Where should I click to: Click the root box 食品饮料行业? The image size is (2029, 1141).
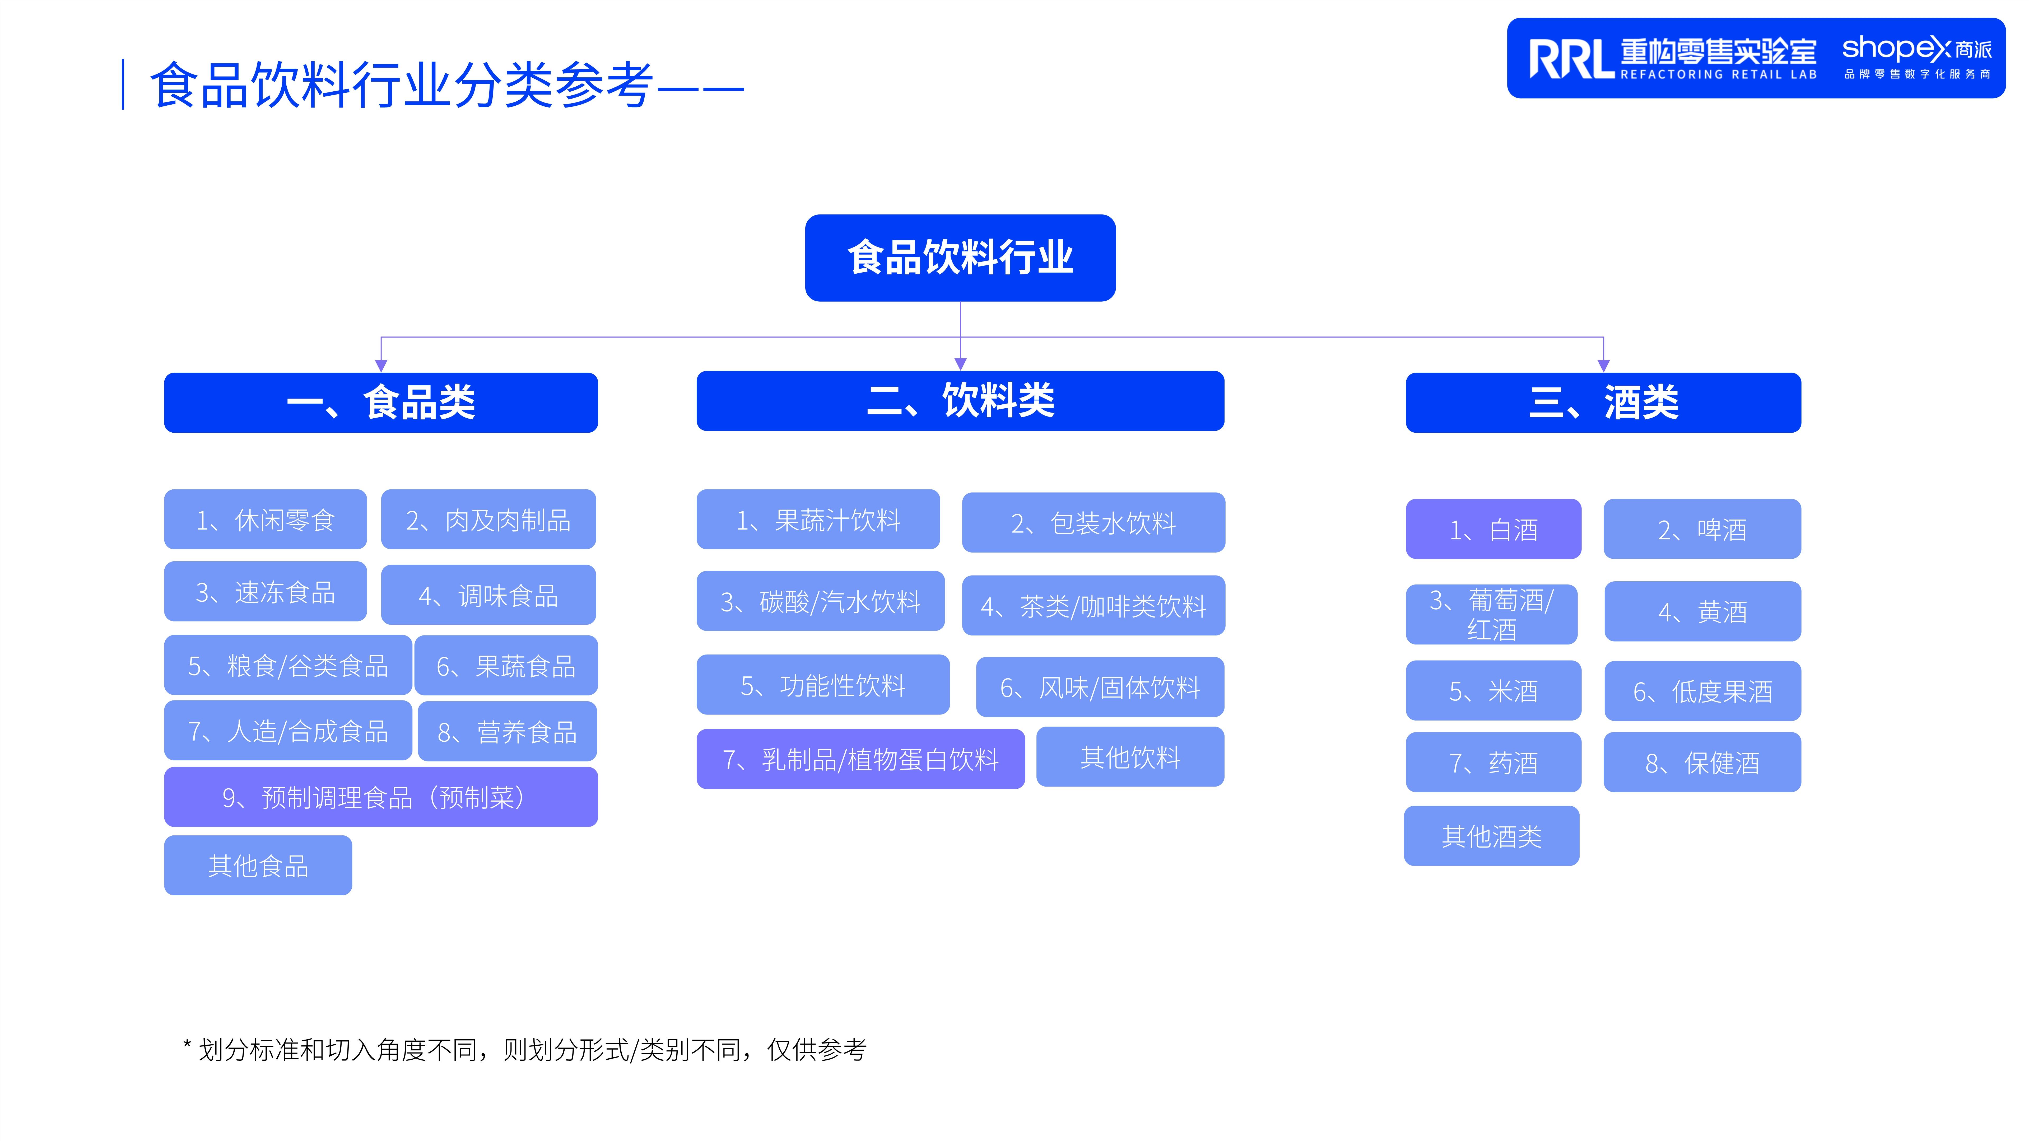(x=960, y=258)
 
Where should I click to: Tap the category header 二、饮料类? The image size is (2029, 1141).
(x=960, y=401)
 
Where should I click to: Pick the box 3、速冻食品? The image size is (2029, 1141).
(x=266, y=591)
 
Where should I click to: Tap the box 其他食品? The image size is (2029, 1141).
(x=258, y=866)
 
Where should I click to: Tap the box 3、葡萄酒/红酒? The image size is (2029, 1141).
(x=1492, y=614)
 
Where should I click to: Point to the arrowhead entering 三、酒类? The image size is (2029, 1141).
(x=1604, y=365)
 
